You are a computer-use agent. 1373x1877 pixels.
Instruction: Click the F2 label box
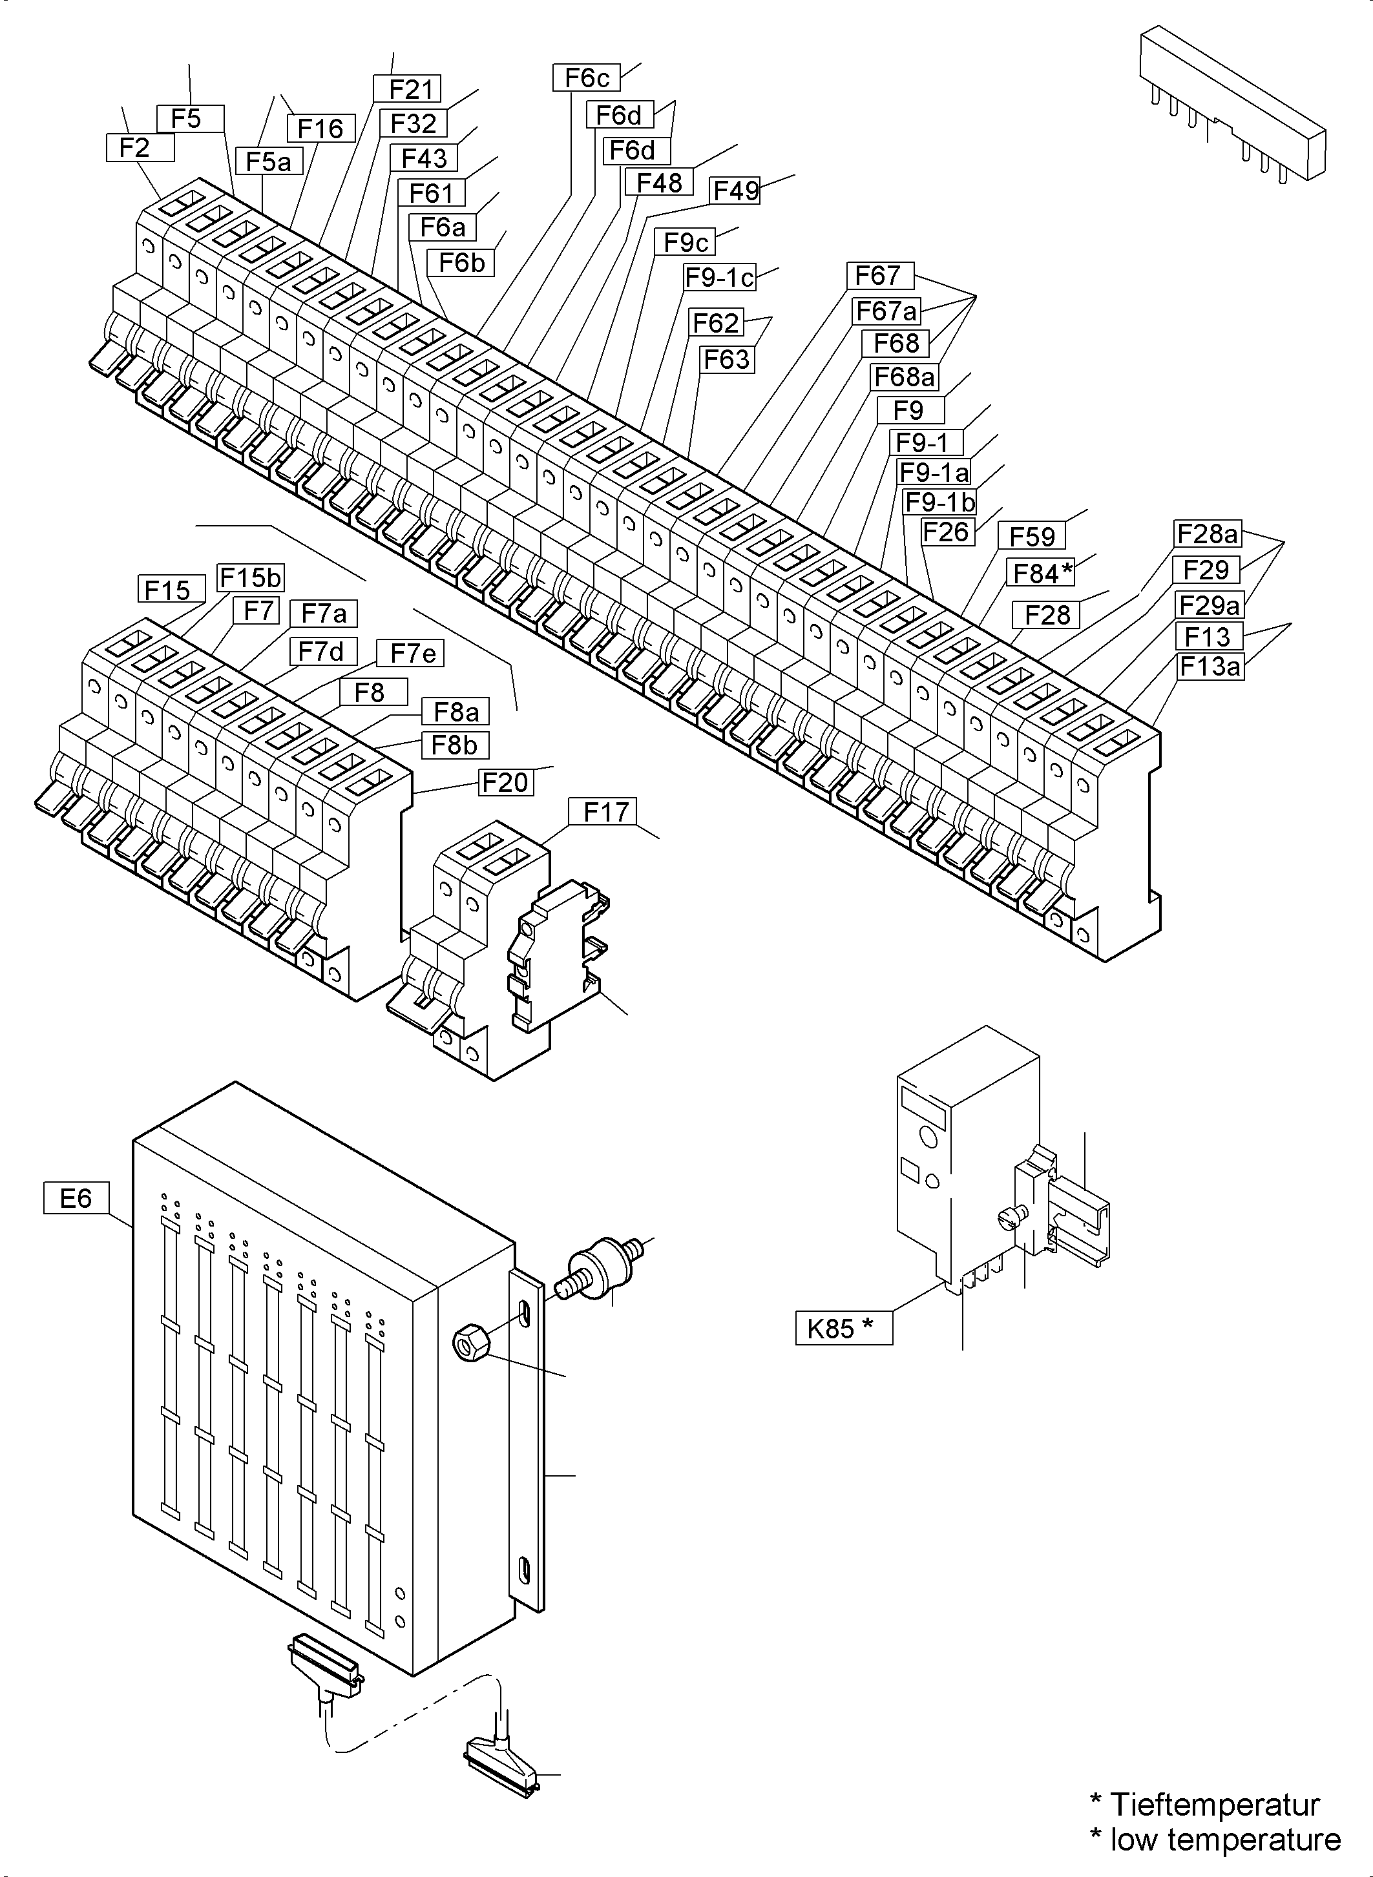(x=140, y=148)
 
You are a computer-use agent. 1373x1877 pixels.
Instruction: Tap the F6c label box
(x=586, y=78)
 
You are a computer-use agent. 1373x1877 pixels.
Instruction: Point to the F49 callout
(x=735, y=191)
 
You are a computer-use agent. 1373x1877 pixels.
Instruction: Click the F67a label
(x=886, y=311)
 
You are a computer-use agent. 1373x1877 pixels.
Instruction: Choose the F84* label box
(x=1042, y=572)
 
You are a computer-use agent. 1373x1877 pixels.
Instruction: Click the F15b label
(x=249, y=577)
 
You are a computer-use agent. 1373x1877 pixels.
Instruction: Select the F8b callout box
(x=454, y=745)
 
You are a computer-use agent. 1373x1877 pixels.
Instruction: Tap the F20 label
(x=505, y=782)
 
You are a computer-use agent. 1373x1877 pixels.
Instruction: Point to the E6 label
(x=76, y=1198)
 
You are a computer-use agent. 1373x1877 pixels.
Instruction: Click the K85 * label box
(x=843, y=1329)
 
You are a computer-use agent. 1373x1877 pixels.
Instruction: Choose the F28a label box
(x=1207, y=533)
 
